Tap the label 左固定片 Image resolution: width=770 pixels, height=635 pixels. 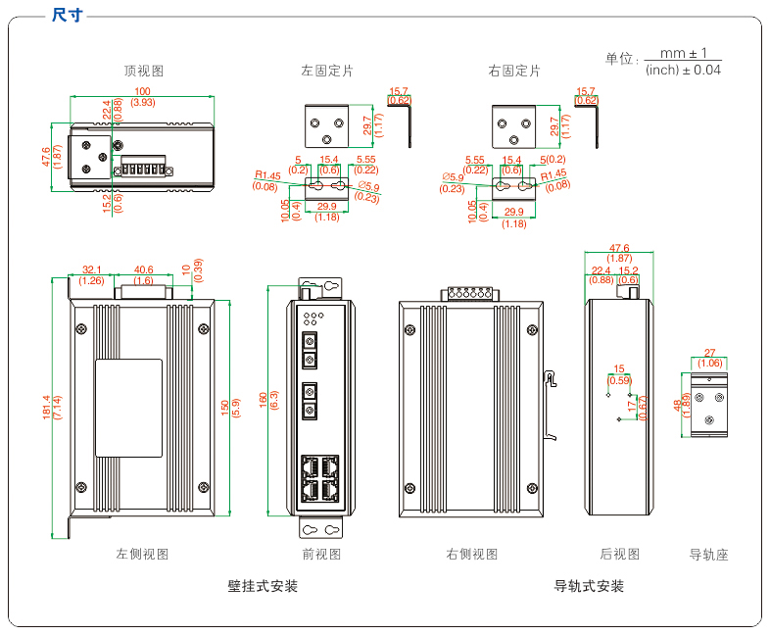[x=327, y=71]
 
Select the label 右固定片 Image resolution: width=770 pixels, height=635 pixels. [x=514, y=71]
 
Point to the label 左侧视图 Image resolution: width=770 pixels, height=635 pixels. [x=142, y=554]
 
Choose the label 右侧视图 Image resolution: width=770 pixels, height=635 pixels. [x=472, y=554]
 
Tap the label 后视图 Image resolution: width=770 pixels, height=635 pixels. [x=619, y=554]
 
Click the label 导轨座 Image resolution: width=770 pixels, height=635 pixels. [x=709, y=555]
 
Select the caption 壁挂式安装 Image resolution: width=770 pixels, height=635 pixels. [x=263, y=586]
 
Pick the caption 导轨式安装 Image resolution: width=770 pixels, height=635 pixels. [x=589, y=586]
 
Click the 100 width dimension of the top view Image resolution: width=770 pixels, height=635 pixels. [x=142, y=91]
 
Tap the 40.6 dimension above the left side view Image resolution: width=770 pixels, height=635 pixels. [x=143, y=269]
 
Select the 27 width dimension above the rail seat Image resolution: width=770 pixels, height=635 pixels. [x=710, y=353]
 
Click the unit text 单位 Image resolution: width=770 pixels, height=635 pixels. [x=620, y=59]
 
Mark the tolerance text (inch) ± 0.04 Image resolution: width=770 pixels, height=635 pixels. [x=683, y=70]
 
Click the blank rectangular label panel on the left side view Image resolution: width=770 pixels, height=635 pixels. [x=127, y=408]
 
